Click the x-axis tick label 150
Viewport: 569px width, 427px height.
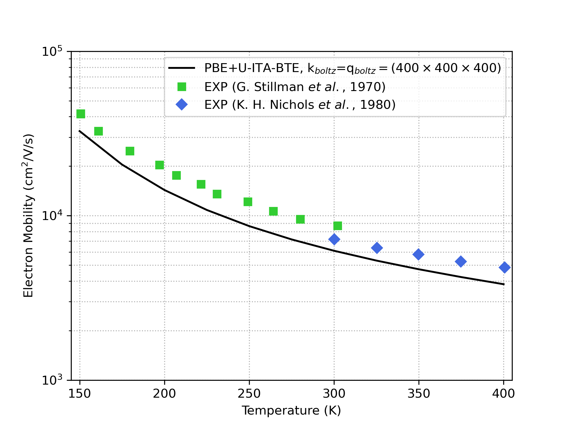point(79,394)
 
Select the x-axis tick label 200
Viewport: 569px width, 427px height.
point(164,394)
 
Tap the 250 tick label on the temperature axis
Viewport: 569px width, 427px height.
point(249,394)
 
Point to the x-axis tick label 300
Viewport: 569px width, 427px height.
point(334,394)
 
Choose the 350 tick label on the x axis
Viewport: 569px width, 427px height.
point(418,394)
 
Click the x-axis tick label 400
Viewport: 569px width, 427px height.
point(504,394)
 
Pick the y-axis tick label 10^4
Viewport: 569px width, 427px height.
point(52,216)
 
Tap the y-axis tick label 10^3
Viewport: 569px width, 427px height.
point(52,380)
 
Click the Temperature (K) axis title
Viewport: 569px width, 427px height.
point(291,411)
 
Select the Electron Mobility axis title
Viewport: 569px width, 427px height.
point(29,216)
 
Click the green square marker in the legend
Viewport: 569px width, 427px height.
point(182,87)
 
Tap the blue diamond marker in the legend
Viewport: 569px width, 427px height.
point(182,105)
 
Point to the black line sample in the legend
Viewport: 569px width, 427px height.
point(182,68)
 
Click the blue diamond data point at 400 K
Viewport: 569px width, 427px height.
point(504,267)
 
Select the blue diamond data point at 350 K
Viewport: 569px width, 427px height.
point(418,254)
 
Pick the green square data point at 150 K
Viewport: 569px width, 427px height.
point(81,114)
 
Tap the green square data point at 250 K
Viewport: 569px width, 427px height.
point(248,202)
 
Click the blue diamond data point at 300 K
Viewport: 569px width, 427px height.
point(334,239)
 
